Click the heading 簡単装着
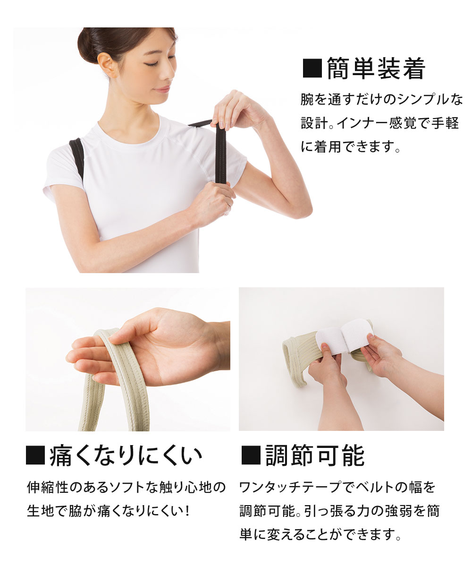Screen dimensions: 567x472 click(x=376, y=69)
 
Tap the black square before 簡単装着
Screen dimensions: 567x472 click(x=311, y=69)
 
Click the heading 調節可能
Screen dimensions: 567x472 click(x=315, y=456)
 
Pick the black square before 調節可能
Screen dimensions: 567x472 click(x=250, y=456)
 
